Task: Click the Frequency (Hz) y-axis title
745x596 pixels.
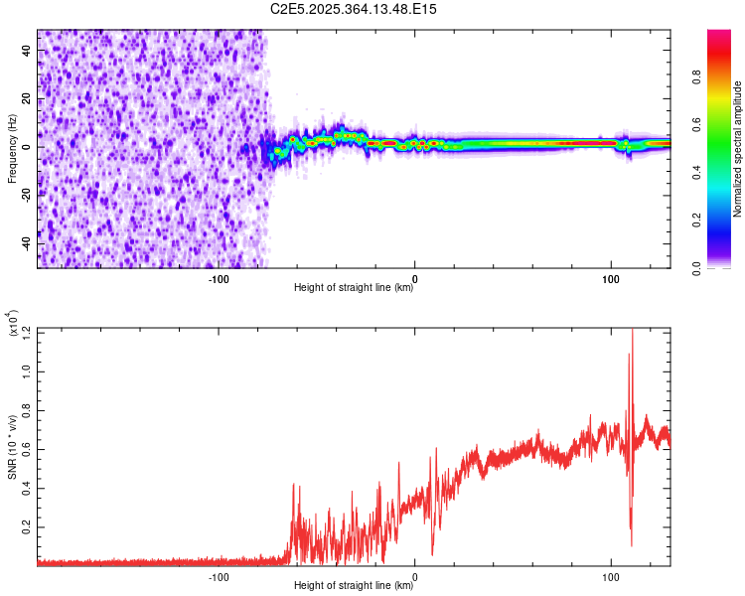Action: point(12,148)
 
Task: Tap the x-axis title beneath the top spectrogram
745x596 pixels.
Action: point(354,288)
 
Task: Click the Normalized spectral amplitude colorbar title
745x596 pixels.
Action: point(738,149)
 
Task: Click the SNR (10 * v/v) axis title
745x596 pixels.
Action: point(12,447)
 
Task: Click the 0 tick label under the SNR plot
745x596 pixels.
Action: point(414,575)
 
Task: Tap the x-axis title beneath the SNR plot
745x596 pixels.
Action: point(354,586)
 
